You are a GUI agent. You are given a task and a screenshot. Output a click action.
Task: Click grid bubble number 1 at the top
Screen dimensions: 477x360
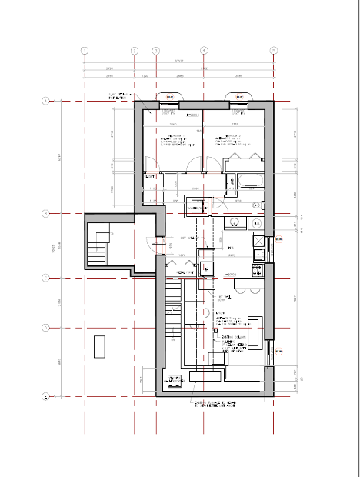point(85,51)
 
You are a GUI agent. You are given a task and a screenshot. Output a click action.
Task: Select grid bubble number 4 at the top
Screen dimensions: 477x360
point(204,51)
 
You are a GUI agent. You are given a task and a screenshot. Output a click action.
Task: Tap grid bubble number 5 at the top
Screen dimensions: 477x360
point(274,51)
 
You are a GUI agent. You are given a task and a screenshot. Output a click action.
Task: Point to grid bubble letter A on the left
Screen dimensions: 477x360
point(45,101)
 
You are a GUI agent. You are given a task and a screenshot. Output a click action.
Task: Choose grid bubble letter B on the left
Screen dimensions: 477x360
point(45,213)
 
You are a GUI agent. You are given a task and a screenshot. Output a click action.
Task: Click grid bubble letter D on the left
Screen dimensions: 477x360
point(45,327)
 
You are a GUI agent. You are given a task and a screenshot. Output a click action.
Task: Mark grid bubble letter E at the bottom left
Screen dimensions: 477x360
point(45,397)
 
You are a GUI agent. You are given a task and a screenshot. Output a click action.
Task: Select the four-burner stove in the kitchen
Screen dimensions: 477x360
point(258,270)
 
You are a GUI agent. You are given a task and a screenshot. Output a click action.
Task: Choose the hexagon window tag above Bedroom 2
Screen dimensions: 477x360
point(238,97)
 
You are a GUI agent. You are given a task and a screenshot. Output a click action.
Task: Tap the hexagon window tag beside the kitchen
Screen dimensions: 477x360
point(278,240)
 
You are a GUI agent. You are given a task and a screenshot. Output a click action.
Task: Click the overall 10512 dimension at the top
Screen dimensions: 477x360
point(179,62)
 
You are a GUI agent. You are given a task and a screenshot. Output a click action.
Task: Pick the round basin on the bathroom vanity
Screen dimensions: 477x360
point(235,223)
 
